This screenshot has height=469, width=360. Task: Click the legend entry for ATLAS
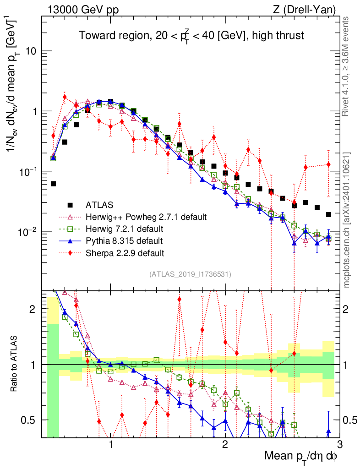(101, 204)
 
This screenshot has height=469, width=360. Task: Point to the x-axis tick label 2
(225, 446)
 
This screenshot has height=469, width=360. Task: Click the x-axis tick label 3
(339, 446)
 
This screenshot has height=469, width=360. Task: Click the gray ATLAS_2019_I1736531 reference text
(190, 274)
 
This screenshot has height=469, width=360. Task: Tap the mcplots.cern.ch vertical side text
(347, 220)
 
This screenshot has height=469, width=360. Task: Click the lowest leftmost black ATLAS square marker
(53, 184)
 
